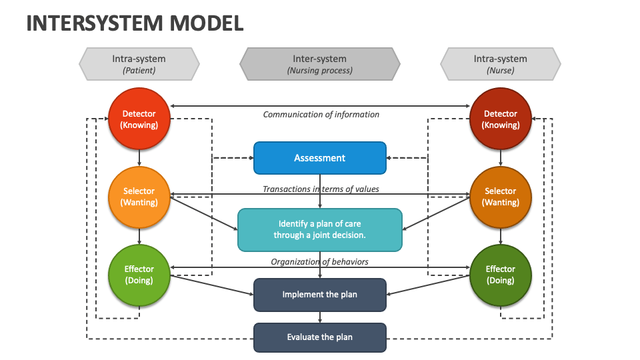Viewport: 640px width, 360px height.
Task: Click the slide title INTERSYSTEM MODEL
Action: (x=135, y=23)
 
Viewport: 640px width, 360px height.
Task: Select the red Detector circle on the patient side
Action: (x=139, y=119)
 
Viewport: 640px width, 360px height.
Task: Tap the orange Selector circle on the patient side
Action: (x=139, y=197)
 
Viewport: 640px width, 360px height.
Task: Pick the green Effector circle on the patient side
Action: (x=139, y=275)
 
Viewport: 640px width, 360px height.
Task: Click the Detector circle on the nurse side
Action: (x=501, y=119)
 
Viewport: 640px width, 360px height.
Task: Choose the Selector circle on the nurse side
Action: (x=501, y=197)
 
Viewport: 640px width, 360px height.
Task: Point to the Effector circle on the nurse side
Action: (x=501, y=275)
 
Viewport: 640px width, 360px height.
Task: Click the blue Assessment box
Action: (x=320, y=158)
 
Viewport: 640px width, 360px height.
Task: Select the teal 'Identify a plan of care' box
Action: (x=320, y=229)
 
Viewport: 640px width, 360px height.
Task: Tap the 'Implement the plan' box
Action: (x=320, y=295)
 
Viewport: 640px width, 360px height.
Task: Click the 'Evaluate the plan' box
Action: (x=320, y=337)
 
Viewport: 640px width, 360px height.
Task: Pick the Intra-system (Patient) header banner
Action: (x=139, y=64)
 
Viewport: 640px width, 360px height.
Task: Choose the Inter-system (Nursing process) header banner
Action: (x=320, y=64)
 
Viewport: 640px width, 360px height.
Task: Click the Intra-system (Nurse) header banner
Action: (x=501, y=64)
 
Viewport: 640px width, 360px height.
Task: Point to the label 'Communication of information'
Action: (x=321, y=115)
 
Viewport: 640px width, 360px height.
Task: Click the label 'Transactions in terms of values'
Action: (x=321, y=189)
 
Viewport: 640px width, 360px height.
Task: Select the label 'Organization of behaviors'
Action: (x=319, y=262)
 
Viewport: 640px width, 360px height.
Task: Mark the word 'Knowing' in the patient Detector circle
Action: (x=139, y=125)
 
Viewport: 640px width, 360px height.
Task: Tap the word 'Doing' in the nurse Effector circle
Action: (x=501, y=281)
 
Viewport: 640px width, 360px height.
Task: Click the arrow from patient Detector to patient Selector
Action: (x=139, y=158)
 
